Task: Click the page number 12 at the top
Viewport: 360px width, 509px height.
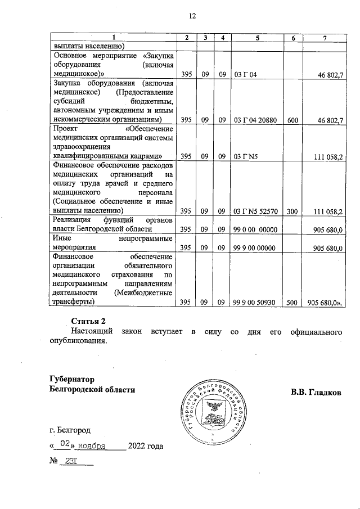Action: coord(192,16)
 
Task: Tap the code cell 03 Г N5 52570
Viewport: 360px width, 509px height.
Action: coord(256,211)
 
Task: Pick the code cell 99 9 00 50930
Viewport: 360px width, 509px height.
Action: coord(256,302)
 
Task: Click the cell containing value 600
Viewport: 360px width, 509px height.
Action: coord(293,120)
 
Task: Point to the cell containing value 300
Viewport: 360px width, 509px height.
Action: coord(293,211)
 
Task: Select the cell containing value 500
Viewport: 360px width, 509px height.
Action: coord(293,302)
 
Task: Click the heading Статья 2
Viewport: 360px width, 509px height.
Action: coord(89,321)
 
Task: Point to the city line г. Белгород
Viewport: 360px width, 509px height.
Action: coord(70,430)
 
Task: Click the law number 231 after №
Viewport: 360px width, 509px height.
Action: coord(71,462)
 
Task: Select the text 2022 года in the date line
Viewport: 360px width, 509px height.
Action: coord(146,447)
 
